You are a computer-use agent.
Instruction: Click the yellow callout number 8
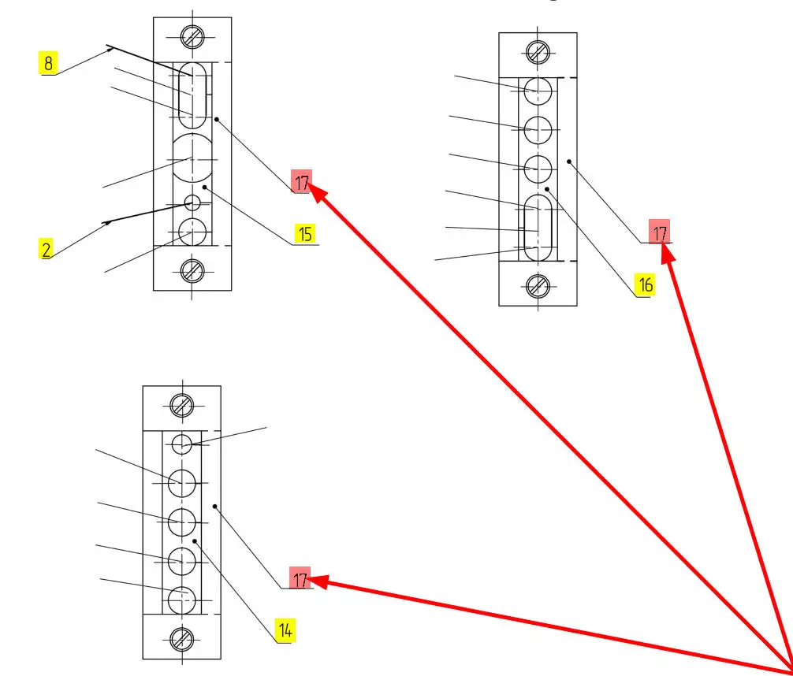coord(48,63)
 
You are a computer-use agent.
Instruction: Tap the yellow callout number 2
coord(46,249)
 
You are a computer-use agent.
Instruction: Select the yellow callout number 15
coord(305,234)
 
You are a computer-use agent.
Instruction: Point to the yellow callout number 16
coord(646,284)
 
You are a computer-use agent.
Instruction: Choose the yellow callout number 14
coord(285,630)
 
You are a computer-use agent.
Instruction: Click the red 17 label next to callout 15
coord(302,181)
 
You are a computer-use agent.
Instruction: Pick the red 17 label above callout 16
coord(660,232)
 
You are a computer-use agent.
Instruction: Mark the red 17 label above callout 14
coord(300,578)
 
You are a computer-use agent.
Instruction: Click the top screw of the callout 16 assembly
coord(538,52)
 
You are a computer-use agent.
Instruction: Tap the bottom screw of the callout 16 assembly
coord(538,286)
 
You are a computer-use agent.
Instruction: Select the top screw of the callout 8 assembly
coord(192,37)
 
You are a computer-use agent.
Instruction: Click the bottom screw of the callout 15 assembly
coord(192,272)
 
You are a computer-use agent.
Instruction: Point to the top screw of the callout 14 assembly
coord(181,405)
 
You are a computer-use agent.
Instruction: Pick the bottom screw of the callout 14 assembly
coord(181,640)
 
